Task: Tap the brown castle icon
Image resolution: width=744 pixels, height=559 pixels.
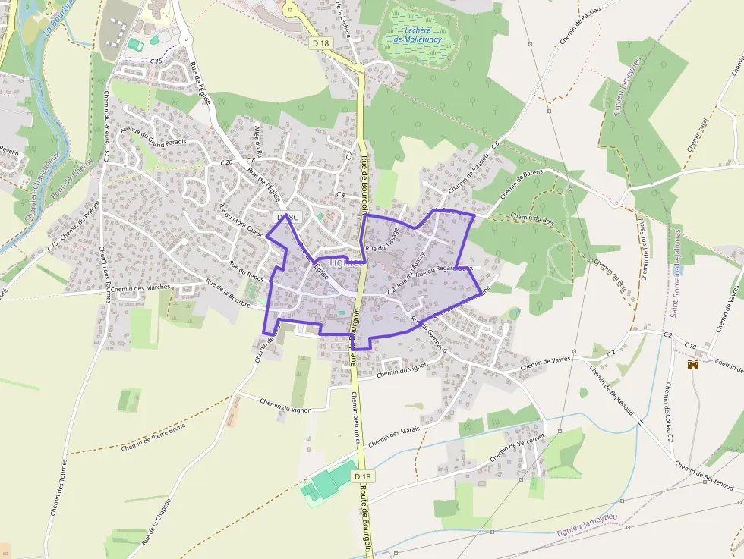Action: point(692,364)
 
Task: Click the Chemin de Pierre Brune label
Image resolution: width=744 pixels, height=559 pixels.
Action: point(153,436)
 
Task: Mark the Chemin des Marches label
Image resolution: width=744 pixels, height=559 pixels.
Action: point(140,287)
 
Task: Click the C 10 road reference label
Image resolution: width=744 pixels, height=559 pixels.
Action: point(690,347)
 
